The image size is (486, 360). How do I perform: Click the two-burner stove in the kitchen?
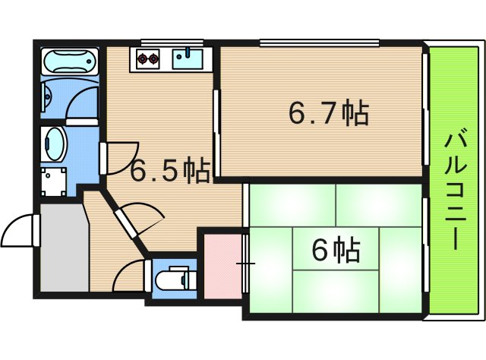(147, 57)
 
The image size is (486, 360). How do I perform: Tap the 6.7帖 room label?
(328, 114)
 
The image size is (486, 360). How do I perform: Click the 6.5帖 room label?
(171, 170)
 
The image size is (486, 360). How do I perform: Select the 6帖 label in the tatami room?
(335, 248)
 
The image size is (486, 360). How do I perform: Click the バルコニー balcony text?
(453, 190)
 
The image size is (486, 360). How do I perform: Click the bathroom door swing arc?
(80, 106)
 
